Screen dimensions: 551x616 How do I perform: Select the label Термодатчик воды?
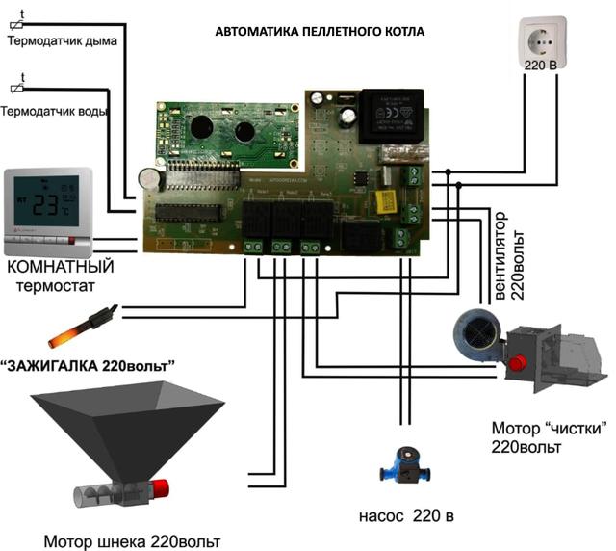tap(55, 110)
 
